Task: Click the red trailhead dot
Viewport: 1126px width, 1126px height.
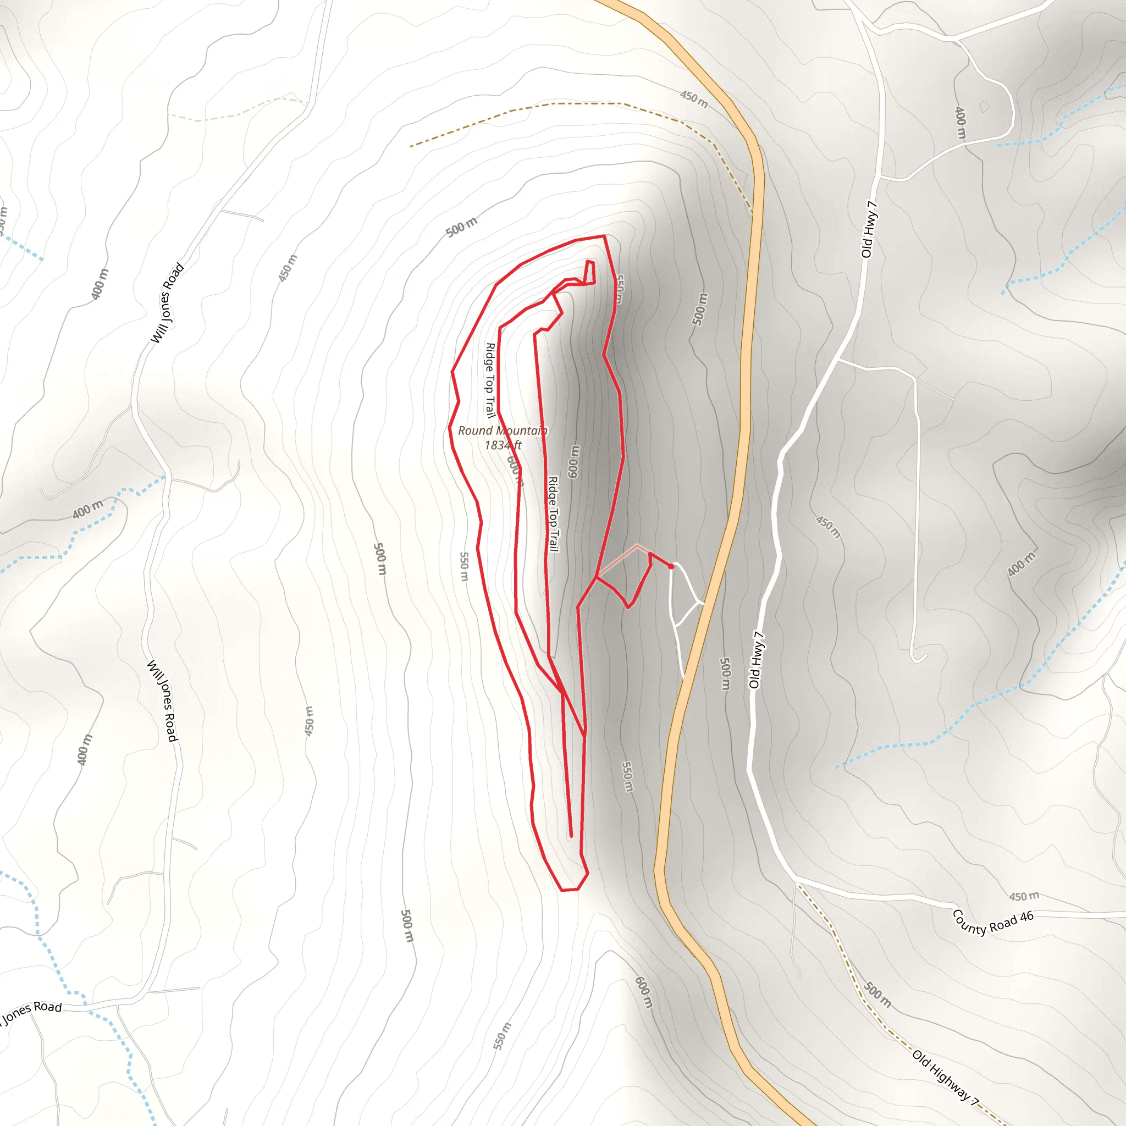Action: point(671,566)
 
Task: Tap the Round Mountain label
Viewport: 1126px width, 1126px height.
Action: point(503,430)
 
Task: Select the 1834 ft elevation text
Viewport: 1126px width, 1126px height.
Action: point(503,445)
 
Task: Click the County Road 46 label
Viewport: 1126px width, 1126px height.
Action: point(992,922)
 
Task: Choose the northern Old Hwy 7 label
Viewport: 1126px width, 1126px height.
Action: point(868,230)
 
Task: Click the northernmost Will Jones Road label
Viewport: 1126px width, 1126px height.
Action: point(167,303)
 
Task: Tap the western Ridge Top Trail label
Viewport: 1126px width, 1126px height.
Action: point(489,380)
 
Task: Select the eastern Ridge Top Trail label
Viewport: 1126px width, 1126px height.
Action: point(553,514)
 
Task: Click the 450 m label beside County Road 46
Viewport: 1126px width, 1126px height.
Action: point(1024,896)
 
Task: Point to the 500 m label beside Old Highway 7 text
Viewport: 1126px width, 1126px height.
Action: point(877,995)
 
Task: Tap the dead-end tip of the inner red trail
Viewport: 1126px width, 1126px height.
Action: point(571,836)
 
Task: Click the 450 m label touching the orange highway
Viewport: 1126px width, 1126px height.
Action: point(693,99)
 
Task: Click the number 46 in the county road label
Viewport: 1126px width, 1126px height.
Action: point(1026,917)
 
